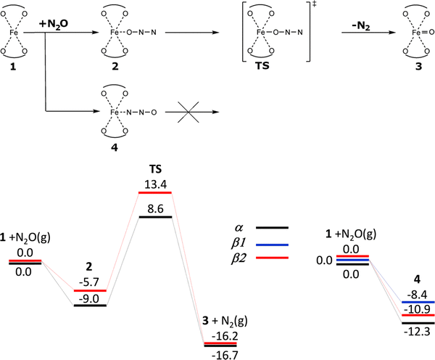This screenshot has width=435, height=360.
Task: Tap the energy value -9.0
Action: click(x=90, y=295)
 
